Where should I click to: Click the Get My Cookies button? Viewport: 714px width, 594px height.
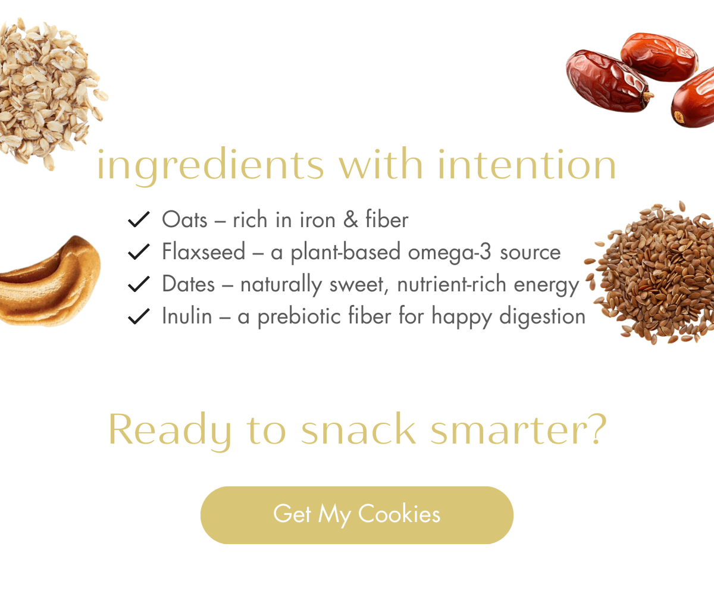(356, 515)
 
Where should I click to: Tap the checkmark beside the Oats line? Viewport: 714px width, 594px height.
(139, 219)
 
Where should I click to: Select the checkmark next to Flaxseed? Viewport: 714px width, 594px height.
(139, 252)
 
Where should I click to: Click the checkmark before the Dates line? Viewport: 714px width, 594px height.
(139, 284)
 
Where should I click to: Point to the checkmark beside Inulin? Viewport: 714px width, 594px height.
(139, 316)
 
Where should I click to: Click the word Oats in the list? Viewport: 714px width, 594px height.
(184, 219)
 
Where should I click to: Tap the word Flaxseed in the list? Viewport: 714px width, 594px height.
(204, 252)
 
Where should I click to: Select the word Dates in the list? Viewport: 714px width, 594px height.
(189, 284)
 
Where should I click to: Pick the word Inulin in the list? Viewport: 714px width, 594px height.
(187, 316)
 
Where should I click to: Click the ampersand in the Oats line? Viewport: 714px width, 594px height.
(350, 219)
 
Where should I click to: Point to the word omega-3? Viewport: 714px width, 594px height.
(450, 253)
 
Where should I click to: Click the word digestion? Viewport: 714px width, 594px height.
(542, 317)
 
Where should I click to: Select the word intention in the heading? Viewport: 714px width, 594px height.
(527, 164)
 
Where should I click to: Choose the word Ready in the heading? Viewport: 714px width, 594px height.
(170, 431)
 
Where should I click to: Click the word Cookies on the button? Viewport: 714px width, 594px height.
(399, 513)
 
